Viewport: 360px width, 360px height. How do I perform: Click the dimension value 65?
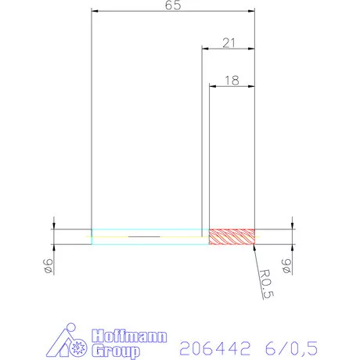[174, 6]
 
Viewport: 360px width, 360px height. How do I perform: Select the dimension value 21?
[229, 42]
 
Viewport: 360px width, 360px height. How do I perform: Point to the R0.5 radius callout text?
[269, 283]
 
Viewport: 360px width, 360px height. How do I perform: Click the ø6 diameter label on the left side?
[49, 267]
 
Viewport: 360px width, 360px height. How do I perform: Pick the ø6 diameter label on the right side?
[286, 267]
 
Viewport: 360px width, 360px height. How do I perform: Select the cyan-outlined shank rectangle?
[149, 237]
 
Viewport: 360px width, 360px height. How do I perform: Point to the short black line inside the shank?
[142, 236]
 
